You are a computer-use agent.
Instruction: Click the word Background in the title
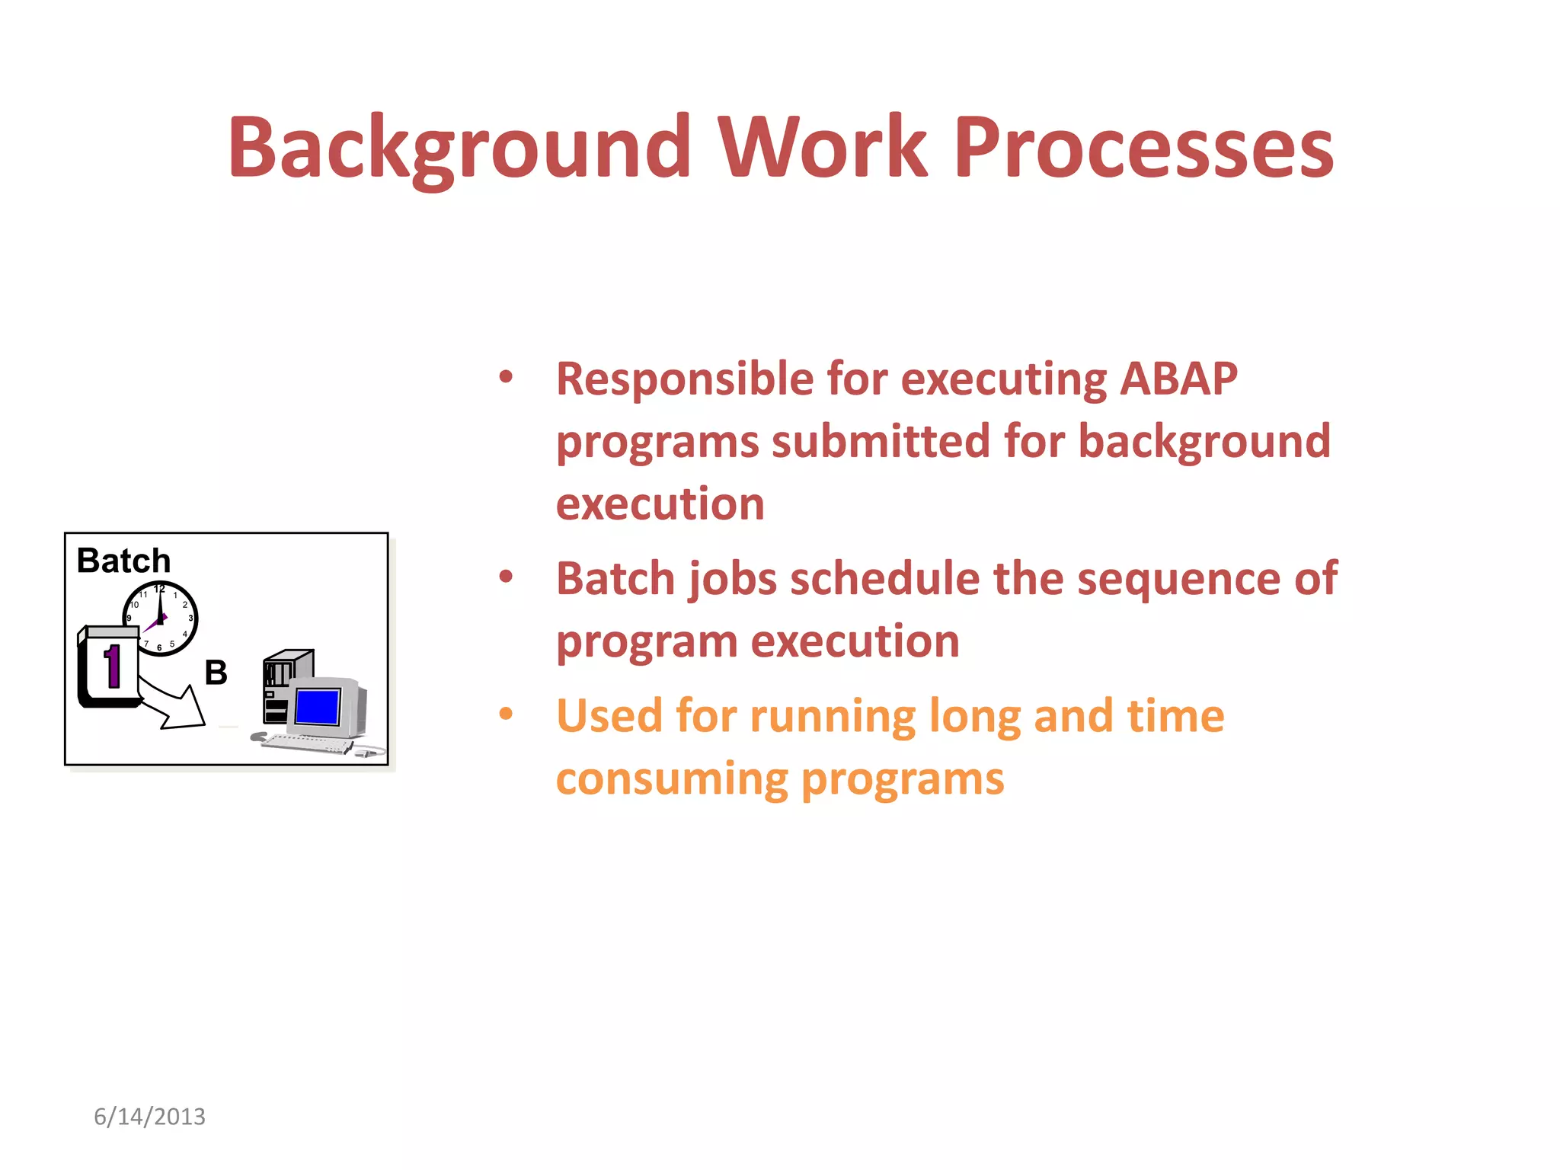pyautogui.click(x=459, y=147)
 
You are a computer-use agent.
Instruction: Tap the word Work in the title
pyautogui.click(x=823, y=147)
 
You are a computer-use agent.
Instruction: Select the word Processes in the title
pyautogui.click(x=1143, y=147)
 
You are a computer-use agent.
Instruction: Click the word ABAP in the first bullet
pyautogui.click(x=1178, y=379)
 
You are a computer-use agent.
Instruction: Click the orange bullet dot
pyautogui.click(x=506, y=714)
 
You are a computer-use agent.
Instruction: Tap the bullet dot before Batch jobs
pyautogui.click(x=506, y=577)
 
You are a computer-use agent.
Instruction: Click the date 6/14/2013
pyautogui.click(x=149, y=1117)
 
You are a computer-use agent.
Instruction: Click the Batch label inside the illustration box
pyautogui.click(x=123, y=561)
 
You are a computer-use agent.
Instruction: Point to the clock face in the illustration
pyautogui.click(x=161, y=619)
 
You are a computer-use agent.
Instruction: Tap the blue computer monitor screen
pyautogui.click(x=318, y=707)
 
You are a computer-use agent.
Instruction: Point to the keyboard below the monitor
pyautogui.click(x=307, y=743)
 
